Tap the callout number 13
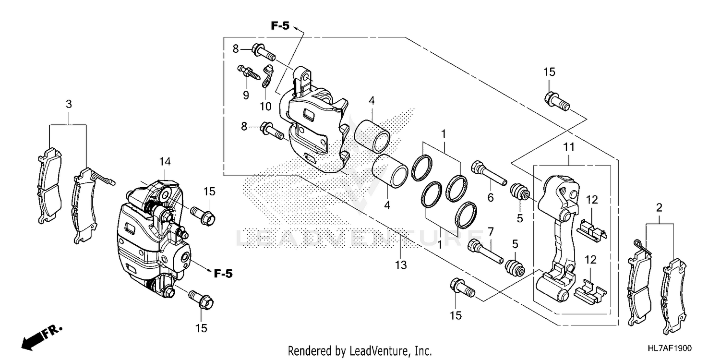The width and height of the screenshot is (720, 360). click(x=401, y=264)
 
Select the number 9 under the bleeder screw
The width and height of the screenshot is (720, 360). click(x=246, y=95)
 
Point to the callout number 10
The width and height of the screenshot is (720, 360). click(x=266, y=106)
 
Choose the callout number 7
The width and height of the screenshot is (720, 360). click(x=490, y=232)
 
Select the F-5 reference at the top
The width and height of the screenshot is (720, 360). click(x=280, y=26)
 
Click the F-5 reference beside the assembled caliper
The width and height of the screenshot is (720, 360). click(x=223, y=274)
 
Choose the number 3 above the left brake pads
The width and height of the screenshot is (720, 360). click(x=69, y=104)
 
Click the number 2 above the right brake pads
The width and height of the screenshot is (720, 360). click(x=659, y=208)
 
